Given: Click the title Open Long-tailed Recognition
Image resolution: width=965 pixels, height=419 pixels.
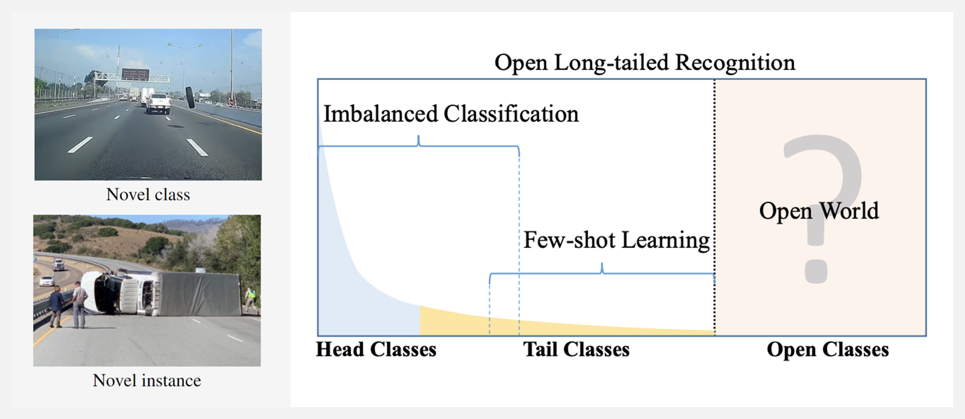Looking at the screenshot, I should pos(645,63).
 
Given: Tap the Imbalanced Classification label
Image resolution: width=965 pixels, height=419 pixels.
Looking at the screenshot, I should pos(451,114).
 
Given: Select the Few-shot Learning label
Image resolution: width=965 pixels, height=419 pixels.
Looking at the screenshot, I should pos(616,240).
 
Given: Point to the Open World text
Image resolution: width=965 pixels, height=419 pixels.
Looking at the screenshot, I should pos(819,210).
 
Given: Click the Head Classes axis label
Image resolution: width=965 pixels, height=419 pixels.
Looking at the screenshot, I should pos(376,349).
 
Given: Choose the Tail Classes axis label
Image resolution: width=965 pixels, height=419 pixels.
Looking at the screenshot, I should pos(576,349).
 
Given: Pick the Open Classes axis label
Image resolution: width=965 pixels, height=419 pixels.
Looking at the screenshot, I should pos(828,349).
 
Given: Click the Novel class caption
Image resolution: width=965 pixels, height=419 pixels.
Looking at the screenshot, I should pos(148,194).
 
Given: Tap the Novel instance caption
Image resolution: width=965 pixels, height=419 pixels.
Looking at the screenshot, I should pos(147,380).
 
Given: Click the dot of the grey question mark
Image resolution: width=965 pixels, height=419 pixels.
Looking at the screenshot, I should pos(815,271).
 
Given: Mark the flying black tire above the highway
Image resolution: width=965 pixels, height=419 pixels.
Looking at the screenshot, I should pos(190,97).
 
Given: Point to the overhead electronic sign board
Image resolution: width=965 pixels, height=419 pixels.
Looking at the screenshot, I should pos(135,74).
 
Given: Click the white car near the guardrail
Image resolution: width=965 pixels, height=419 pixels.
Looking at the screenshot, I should pos(47,281).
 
